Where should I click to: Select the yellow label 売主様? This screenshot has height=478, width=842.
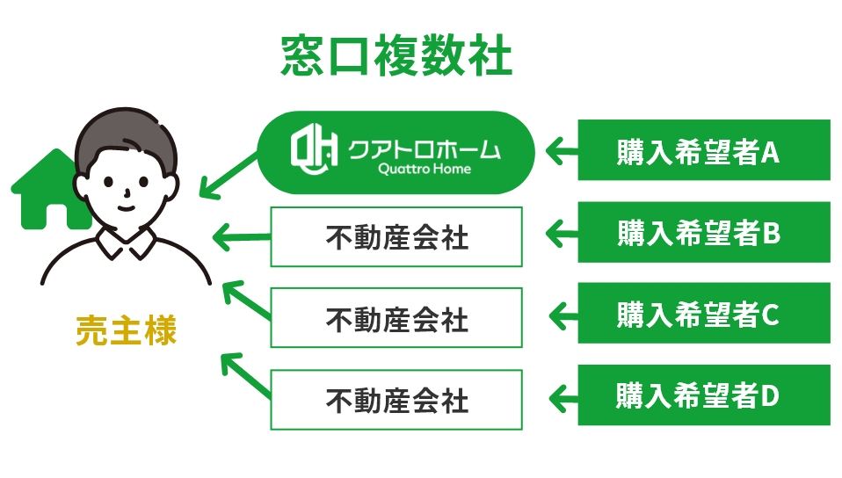tap(126, 330)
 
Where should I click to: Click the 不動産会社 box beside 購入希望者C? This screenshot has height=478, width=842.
tap(396, 317)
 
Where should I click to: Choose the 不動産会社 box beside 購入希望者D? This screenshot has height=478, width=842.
tap(396, 400)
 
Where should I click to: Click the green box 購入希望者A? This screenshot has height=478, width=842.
tap(703, 150)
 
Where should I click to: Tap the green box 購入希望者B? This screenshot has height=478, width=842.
tap(703, 232)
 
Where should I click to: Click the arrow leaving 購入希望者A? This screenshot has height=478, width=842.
tap(563, 151)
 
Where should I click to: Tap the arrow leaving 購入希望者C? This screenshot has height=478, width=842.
tap(563, 314)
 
